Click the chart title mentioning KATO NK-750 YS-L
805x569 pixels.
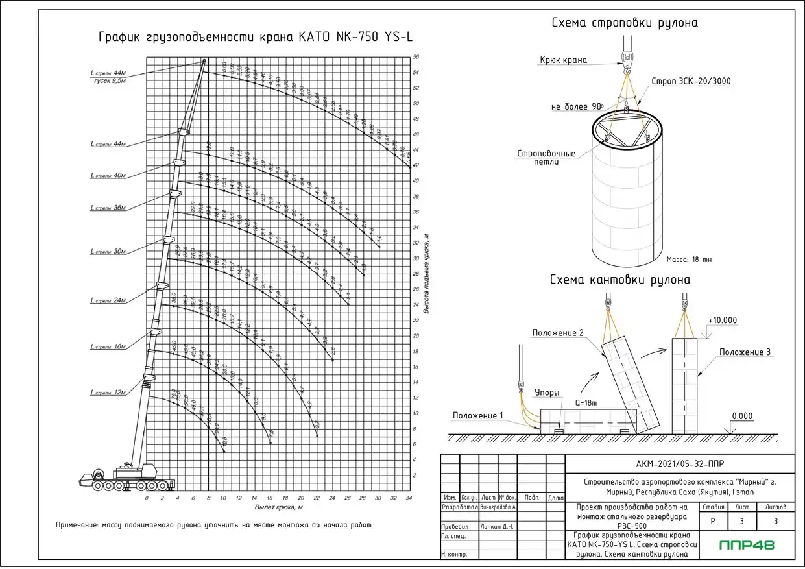[x=255, y=36]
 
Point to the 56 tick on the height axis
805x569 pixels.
[x=416, y=57]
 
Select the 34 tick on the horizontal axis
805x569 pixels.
[x=408, y=498]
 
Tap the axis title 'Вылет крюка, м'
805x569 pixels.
[x=279, y=506]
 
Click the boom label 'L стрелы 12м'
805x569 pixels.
[x=108, y=393]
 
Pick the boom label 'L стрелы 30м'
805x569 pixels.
[x=108, y=251]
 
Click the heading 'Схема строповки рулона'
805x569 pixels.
[x=625, y=23]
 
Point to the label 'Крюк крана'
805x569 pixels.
[x=563, y=60]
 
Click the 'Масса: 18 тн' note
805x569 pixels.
[x=689, y=260]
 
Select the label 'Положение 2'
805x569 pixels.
[x=559, y=333]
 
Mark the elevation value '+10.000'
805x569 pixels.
[x=723, y=321]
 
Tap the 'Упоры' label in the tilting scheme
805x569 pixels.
[x=547, y=393]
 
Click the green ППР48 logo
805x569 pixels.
[x=747, y=545]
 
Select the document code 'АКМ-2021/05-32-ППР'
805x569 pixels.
[x=680, y=463]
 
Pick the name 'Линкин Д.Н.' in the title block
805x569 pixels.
[x=497, y=527]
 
